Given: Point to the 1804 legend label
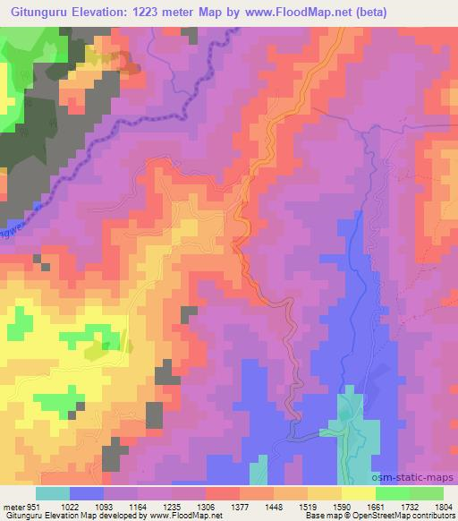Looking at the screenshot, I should (x=443, y=507).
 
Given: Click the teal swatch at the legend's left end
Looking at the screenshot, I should (x=52, y=493).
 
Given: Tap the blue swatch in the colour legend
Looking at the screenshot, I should (x=86, y=493).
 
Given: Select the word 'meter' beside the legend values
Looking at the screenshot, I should (x=13, y=507).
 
